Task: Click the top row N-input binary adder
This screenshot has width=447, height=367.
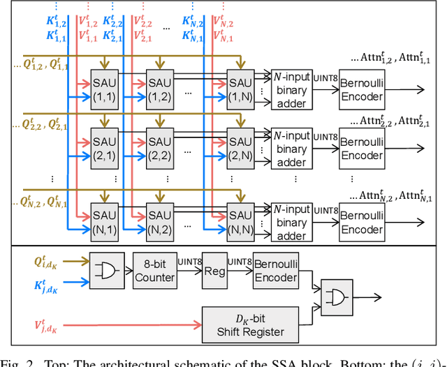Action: (x=291, y=89)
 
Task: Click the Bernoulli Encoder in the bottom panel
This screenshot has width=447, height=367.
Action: (x=277, y=269)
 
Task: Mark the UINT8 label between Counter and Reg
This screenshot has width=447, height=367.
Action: (x=189, y=261)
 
